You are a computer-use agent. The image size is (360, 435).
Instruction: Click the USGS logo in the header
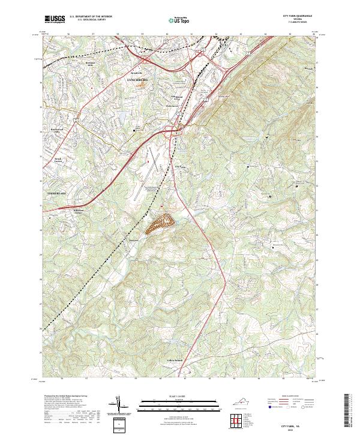[x=55, y=19]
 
